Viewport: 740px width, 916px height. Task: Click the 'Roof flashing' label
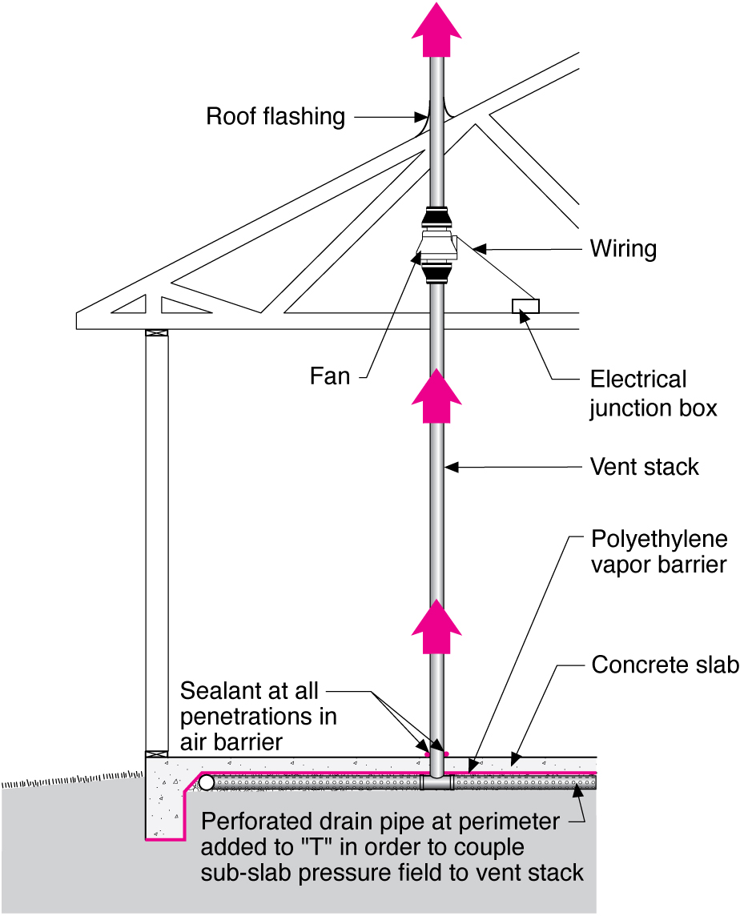click(x=275, y=117)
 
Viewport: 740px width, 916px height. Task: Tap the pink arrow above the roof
click(x=436, y=30)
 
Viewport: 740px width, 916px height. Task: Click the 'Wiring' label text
click(x=623, y=249)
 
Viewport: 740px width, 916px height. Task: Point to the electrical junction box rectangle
click(x=525, y=306)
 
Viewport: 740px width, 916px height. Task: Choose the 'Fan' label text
click(x=330, y=376)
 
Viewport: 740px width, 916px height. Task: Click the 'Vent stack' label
click(x=644, y=466)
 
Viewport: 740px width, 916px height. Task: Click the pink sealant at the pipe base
click(x=436, y=753)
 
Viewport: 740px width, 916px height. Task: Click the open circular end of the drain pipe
click(x=207, y=782)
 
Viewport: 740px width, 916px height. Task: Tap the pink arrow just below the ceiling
click(x=436, y=396)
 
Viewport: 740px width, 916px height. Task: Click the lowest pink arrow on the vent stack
click(x=436, y=628)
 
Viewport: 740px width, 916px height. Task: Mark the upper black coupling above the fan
click(x=436, y=216)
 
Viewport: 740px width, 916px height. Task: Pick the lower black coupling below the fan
click(x=436, y=275)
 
